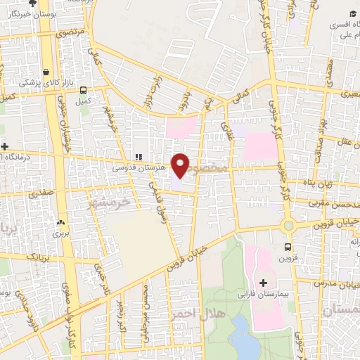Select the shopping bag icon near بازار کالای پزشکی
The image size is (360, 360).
[46, 72]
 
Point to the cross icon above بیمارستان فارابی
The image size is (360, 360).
[264, 283]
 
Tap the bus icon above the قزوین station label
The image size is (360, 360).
[288, 247]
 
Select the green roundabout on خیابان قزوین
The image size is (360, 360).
[288, 226]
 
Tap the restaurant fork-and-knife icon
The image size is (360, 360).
[139, 157]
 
